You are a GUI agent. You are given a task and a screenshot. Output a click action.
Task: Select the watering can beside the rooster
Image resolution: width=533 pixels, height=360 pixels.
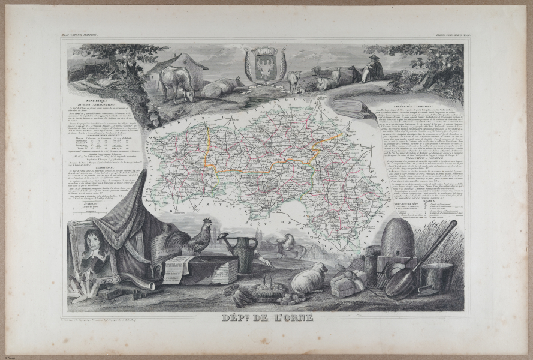pyautogui.click(x=243, y=251)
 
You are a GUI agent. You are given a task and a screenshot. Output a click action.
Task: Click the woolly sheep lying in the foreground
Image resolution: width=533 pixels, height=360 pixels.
pyautogui.click(x=309, y=279)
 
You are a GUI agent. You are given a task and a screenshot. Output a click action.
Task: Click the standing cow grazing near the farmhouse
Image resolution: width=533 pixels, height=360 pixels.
pyautogui.click(x=175, y=83)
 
